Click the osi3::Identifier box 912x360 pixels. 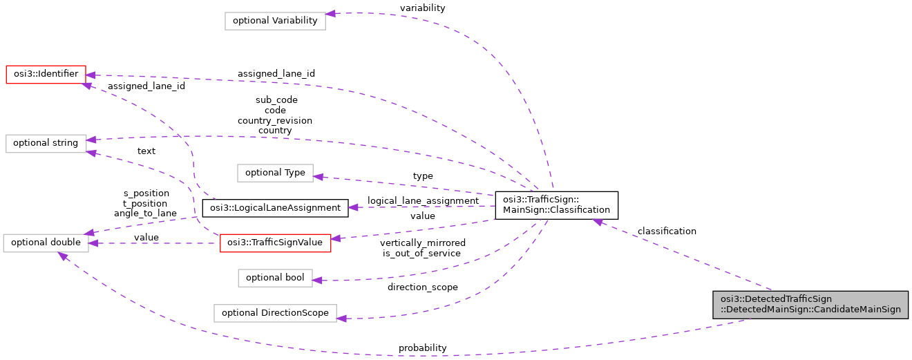46,74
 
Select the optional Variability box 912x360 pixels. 275,20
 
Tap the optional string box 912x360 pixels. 46,143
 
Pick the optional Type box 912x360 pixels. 275,173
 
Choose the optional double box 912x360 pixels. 46,243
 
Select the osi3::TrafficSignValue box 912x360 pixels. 276,243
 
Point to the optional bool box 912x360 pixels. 275,278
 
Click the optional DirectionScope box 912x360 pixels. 275,312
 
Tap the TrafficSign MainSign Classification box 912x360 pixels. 556,205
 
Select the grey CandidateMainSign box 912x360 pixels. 810,304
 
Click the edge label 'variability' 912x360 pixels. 422,8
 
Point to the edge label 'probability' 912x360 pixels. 422,348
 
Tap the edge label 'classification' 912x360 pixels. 667,231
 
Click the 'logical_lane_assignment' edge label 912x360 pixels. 423,200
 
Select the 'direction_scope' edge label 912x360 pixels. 422,287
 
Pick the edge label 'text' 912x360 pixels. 146,151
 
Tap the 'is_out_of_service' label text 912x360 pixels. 422,253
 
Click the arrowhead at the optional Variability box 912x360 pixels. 331,14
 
